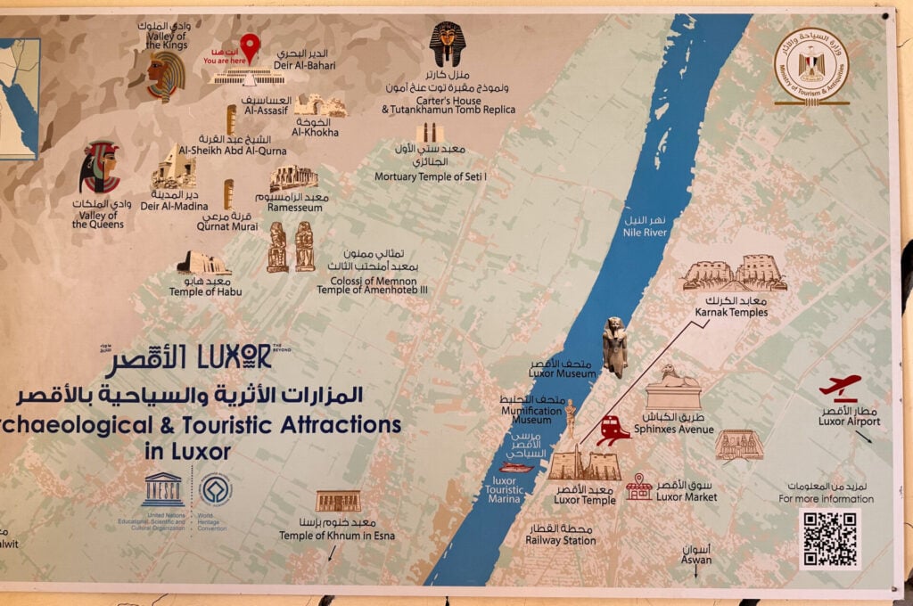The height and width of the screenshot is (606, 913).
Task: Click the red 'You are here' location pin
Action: [x=251, y=45]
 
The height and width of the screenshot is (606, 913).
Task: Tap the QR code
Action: [x=829, y=539]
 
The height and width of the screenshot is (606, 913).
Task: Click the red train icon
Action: [x=614, y=430]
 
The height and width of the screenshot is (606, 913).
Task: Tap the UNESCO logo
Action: [x=162, y=489]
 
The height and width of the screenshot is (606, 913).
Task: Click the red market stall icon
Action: [x=638, y=487]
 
